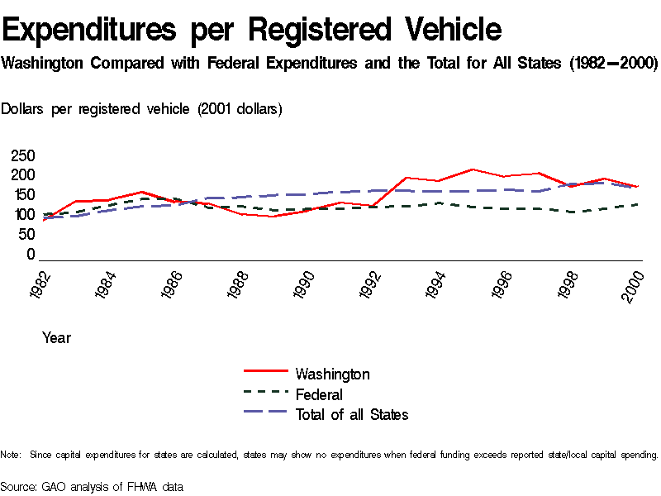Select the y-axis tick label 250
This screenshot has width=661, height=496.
click(x=23, y=155)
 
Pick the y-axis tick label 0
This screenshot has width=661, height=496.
click(x=31, y=255)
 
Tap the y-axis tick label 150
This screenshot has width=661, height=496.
click(x=23, y=195)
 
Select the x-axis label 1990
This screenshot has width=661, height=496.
click(x=307, y=286)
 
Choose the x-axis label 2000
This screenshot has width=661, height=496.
click(x=635, y=286)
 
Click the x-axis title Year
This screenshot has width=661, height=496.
click(x=56, y=337)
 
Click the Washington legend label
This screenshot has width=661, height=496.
click(x=332, y=374)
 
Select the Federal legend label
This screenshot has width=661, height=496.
click(x=319, y=394)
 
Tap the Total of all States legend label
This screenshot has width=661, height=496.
click(x=351, y=414)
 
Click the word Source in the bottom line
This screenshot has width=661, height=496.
click(x=18, y=487)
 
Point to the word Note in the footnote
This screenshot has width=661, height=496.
click(x=11, y=455)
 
